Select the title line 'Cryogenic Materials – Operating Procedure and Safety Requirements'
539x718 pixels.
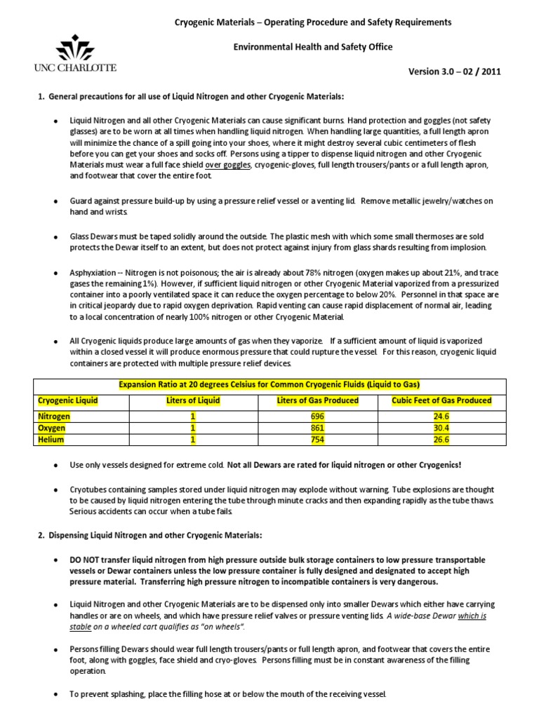click(313, 22)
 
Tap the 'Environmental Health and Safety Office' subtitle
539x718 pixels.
click(313, 47)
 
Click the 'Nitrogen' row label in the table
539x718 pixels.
click(54, 416)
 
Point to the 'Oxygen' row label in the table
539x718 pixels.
click(51, 428)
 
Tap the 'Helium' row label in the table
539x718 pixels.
click(51, 440)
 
